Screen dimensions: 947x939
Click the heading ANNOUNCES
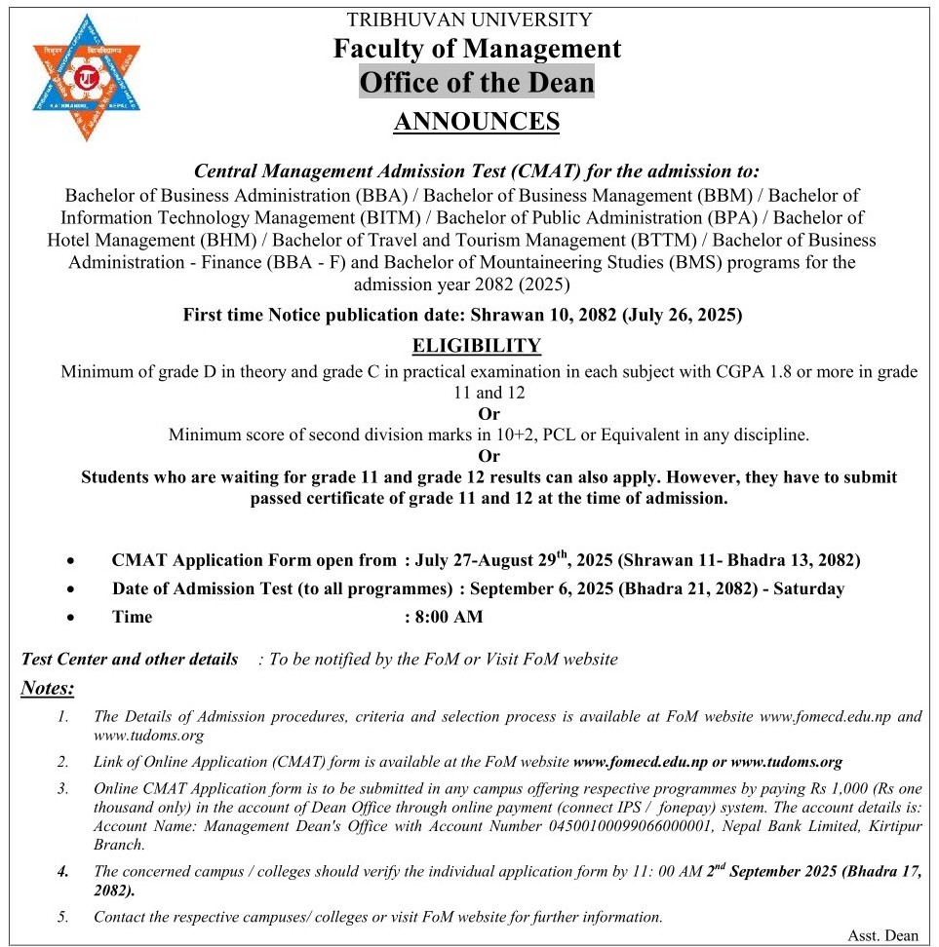[x=476, y=122]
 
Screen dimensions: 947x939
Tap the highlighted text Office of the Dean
[x=477, y=82]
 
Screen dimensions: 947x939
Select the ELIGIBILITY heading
[x=476, y=346]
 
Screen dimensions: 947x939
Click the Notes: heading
[x=48, y=689]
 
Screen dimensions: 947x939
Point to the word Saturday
[x=808, y=588]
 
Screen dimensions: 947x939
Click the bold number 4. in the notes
[x=62, y=872]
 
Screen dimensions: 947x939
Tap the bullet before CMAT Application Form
[x=71, y=561]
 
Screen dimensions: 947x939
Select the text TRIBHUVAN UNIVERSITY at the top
[x=469, y=19]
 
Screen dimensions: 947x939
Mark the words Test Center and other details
[x=130, y=660]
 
